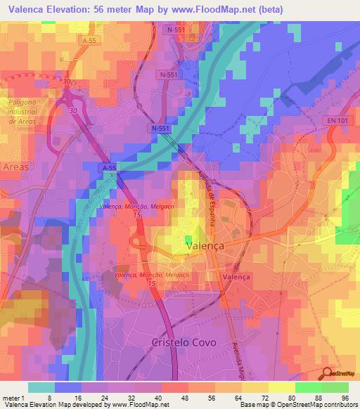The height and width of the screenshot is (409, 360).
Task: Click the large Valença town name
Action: click(x=207, y=247)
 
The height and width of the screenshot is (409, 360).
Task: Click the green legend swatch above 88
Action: click(x=308, y=387)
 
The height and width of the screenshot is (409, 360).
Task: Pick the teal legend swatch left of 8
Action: click(x=41, y=387)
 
